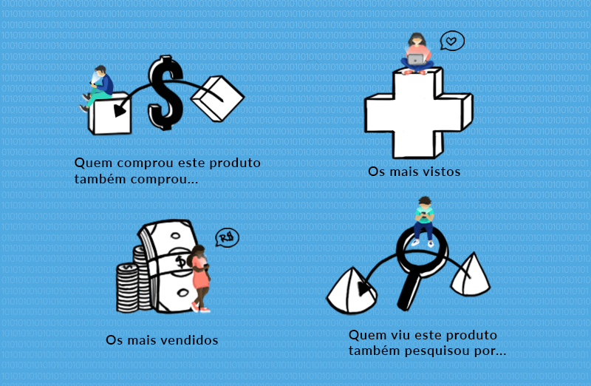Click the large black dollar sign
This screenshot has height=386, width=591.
coord(165,93)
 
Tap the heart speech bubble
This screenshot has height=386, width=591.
coord(452,41)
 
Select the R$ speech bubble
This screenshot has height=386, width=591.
coord(228,237)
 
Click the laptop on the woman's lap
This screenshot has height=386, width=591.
coord(416,60)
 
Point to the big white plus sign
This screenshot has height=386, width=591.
coord(418,113)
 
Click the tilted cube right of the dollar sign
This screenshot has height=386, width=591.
coord(217,99)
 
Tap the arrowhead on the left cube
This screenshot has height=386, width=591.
coord(120,110)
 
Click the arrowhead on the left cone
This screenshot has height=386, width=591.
coord(363,288)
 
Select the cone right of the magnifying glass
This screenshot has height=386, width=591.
coord(471,274)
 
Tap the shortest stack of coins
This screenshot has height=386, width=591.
coord(127,288)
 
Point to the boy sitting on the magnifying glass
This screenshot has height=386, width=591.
coord(423,221)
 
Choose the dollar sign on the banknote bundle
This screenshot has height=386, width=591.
coord(181,261)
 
